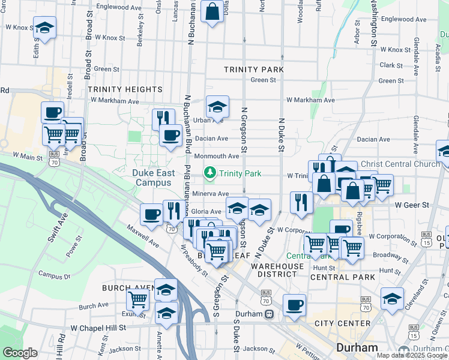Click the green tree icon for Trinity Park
210,173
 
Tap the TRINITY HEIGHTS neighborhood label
125,89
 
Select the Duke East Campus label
154,178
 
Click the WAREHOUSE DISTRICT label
277,271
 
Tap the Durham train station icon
270,314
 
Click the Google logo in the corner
20,353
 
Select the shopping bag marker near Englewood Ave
212,11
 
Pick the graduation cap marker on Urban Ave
217,107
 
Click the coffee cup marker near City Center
294,305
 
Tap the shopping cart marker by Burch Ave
138,299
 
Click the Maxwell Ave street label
143,236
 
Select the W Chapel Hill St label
98,328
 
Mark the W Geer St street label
410,205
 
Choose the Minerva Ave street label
211,194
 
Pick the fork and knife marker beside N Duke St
300,202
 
